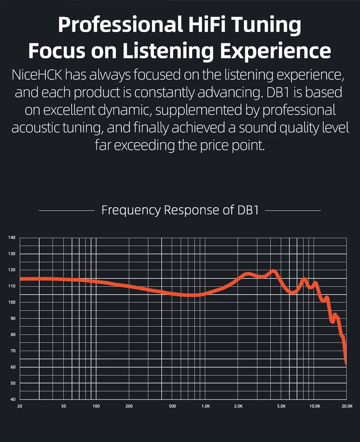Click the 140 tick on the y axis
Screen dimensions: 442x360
click(12, 237)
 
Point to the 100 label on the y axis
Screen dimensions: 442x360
click(12, 302)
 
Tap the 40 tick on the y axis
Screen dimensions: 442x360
click(12, 399)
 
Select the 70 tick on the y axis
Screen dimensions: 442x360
click(12, 351)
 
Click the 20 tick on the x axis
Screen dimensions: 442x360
click(20, 406)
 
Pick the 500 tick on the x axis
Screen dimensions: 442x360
click(172, 406)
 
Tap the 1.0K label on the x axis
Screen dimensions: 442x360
click(205, 406)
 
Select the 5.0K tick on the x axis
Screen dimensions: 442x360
click(282, 406)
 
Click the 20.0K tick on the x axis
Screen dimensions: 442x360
click(347, 406)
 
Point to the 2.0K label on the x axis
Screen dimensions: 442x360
click(238, 406)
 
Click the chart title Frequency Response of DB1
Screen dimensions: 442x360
click(180, 210)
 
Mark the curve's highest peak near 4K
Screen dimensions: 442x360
click(273, 270)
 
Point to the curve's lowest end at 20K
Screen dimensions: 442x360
click(346, 363)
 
